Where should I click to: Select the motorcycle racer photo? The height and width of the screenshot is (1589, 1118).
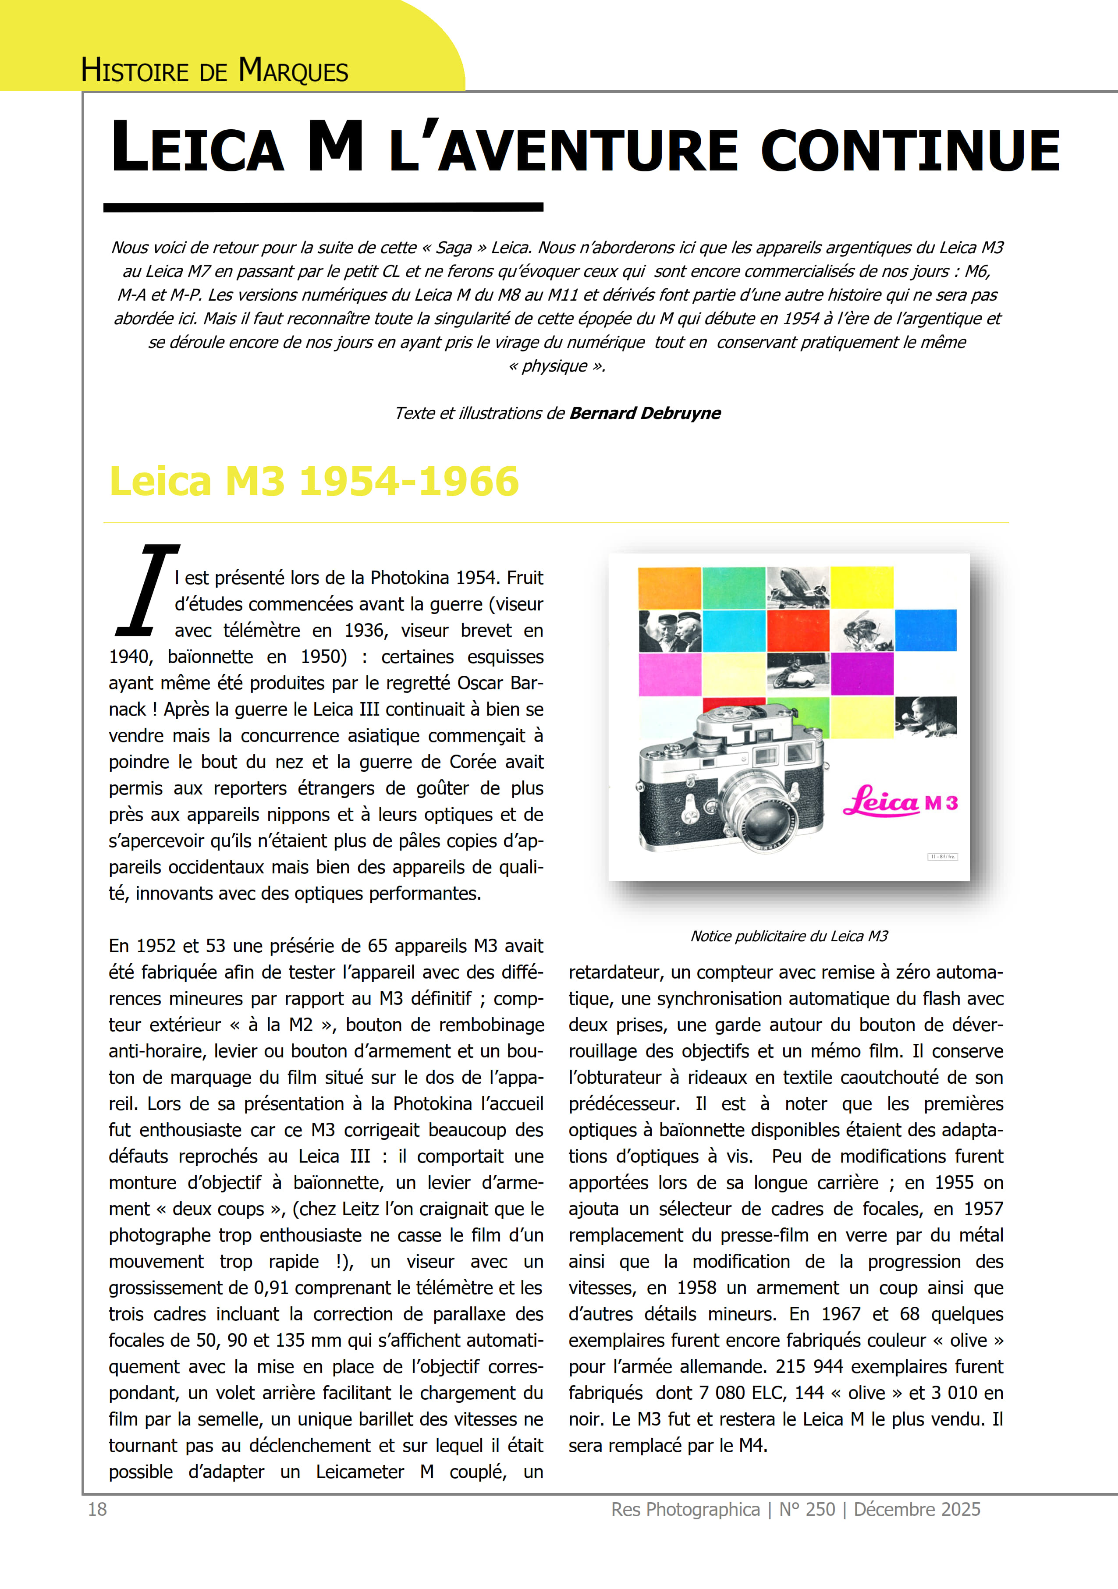pos(798,673)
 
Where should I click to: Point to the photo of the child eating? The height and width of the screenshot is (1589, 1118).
pos(926,716)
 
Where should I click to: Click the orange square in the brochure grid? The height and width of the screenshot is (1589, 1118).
pos(669,588)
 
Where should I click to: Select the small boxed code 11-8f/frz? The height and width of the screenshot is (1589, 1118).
pos(942,857)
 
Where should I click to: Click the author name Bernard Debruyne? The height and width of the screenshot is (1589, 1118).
pos(645,413)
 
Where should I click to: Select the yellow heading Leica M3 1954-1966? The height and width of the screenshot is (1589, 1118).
pos(314,481)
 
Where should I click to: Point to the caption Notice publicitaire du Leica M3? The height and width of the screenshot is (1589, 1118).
pos(788,936)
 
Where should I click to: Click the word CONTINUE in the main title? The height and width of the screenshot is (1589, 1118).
pos(910,149)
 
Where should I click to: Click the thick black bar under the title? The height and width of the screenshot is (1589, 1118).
pos(323,207)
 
